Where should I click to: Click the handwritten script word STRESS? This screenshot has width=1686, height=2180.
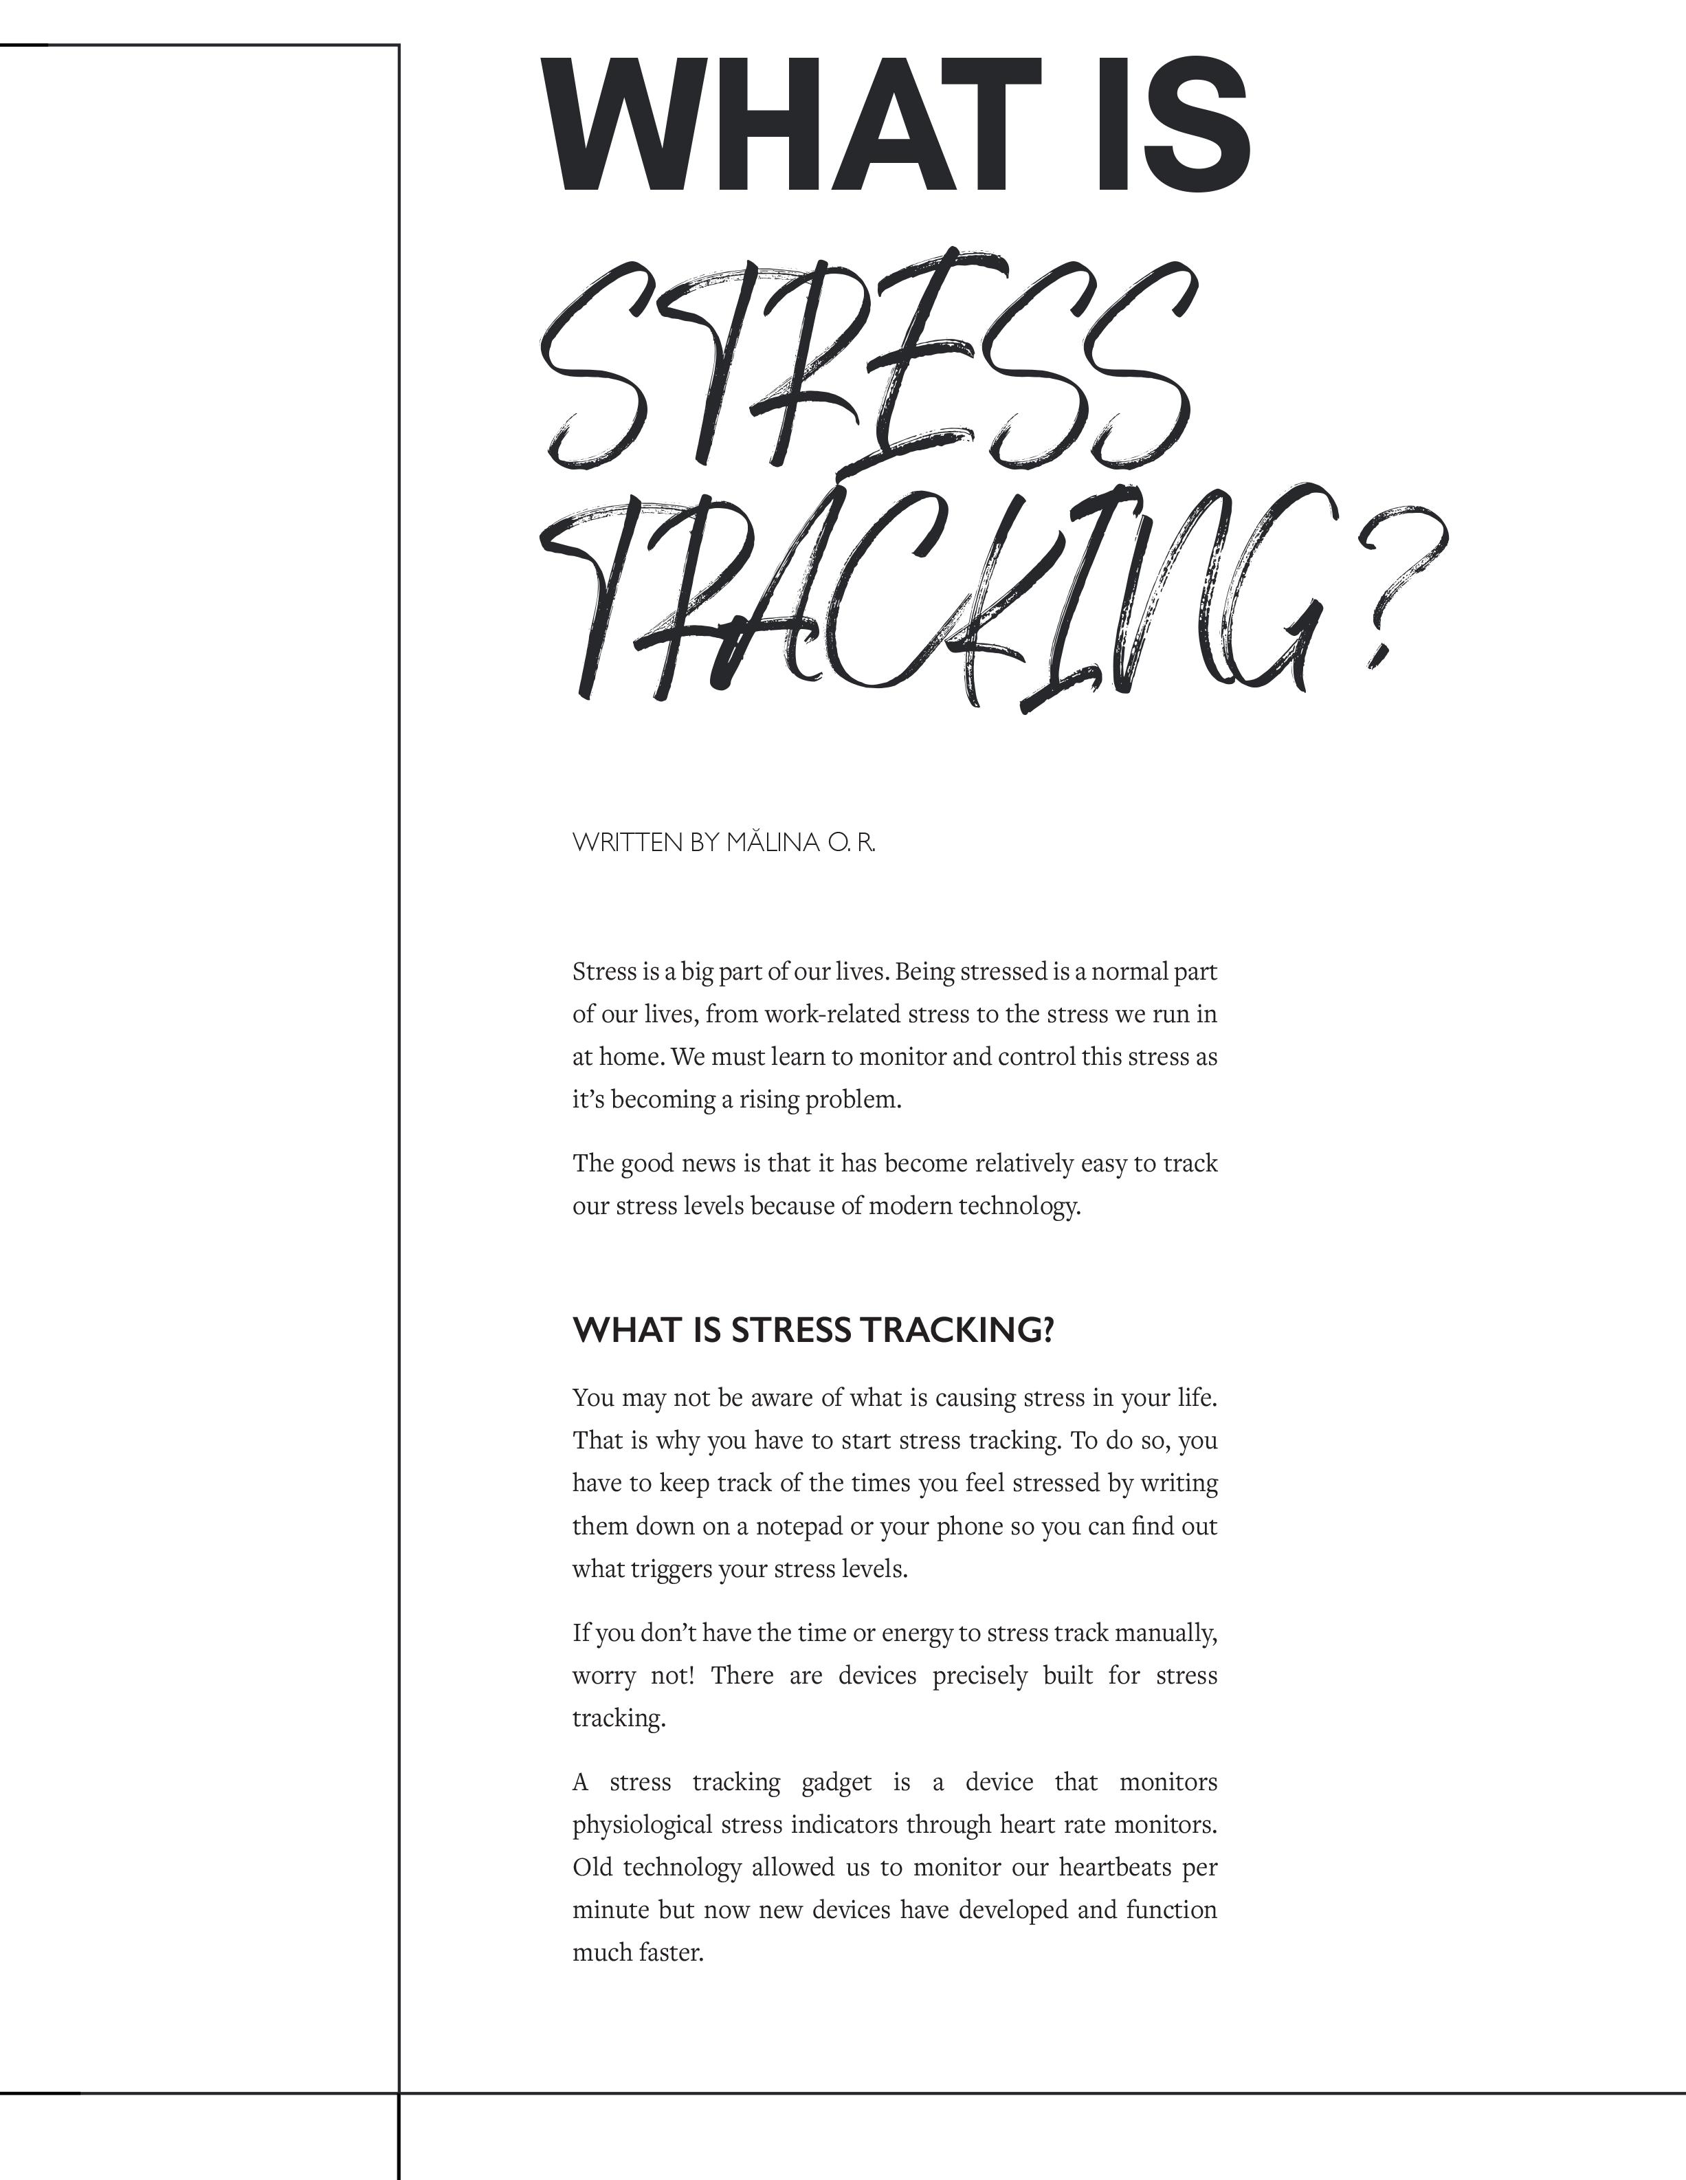pos(869,360)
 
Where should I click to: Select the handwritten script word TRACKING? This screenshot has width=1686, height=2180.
pos(929,599)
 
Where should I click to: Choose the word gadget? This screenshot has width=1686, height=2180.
pos(836,1782)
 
